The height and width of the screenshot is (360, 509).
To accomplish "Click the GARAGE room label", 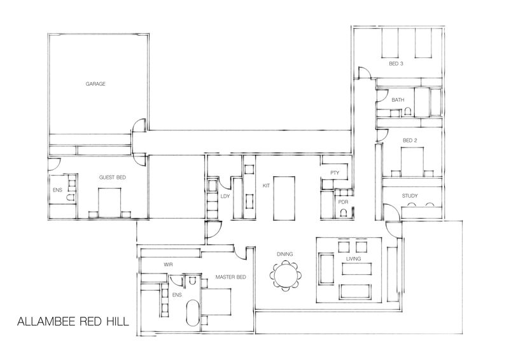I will tap(95, 83).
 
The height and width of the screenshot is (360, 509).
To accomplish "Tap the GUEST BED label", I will tap(111, 178).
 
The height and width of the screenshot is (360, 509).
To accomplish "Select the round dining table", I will tap(284, 276).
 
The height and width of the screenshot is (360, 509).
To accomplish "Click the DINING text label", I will tap(284, 254).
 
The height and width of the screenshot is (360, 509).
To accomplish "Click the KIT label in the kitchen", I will tap(267, 186).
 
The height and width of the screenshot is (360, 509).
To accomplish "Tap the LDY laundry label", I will tap(225, 197).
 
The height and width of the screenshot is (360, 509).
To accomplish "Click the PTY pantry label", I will tap(334, 174).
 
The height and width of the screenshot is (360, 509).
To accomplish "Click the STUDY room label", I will tap(410, 196).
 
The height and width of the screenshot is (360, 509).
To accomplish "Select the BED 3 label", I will tap(396, 64).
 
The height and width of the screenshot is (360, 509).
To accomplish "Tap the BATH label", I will tap(398, 100).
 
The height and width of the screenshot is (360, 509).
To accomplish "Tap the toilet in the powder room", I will tap(344, 213).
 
